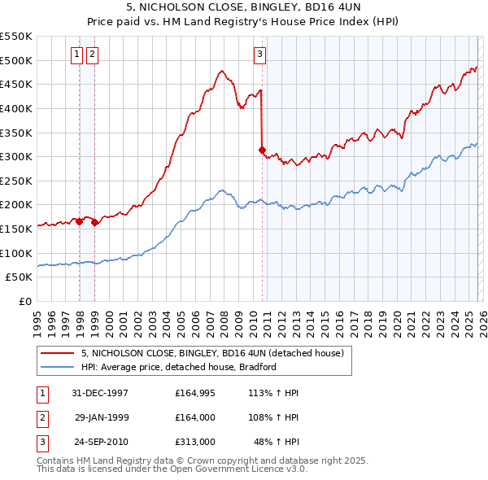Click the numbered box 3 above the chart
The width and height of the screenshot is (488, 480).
[x=259, y=55]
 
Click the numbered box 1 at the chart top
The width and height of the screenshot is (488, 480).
[x=76, y=55]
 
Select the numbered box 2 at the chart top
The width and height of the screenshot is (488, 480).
[x=91, y=55]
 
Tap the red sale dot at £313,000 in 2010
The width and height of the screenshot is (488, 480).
[x=262, y=150]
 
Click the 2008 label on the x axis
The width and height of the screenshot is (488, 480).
[x=224, y=321]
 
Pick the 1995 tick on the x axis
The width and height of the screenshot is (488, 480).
[x=37, y=321]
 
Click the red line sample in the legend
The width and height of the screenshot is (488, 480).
[x=57, y=353]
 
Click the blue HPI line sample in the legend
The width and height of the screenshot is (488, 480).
[x=57, y=367]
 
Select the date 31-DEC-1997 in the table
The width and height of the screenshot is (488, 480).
[x=100, y=393]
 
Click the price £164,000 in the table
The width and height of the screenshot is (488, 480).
[x=194, y=417]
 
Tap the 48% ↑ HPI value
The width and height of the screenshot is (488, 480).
[x=276, y=442]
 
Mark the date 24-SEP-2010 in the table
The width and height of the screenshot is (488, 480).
[x=100, y=442]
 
